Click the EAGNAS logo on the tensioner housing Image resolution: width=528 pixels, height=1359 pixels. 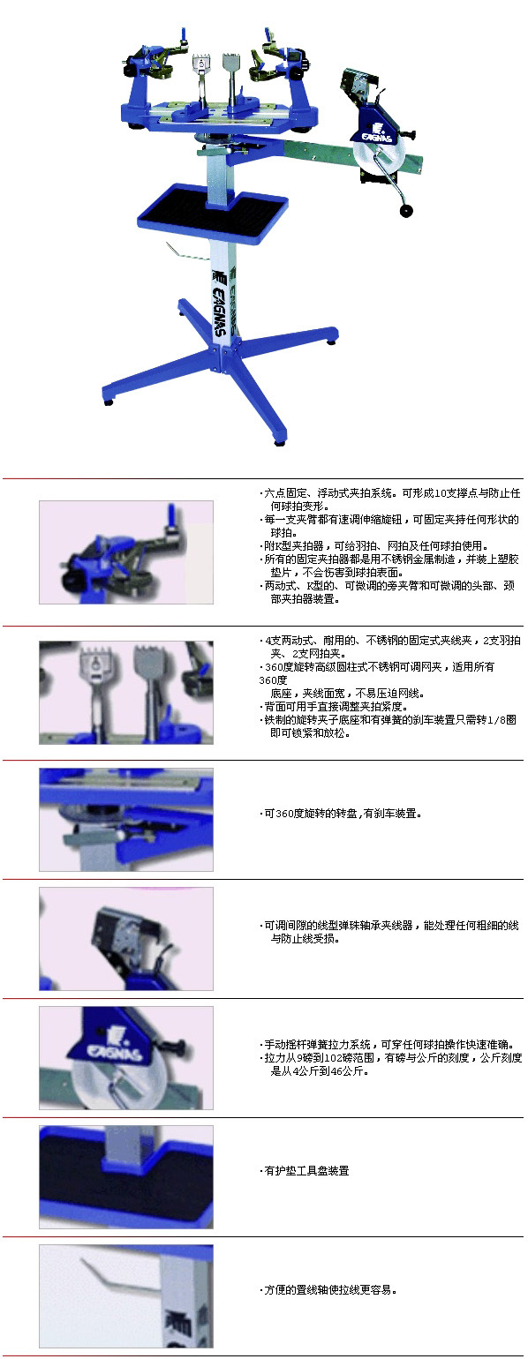pyautogui.click(x=378, y=131)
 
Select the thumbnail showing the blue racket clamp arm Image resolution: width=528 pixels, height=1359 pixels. pyautogui.click(x=126, y=552)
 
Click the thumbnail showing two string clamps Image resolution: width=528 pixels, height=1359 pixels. pyautogui.click(x=126, y=692)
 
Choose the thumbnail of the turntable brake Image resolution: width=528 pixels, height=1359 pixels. pyautogui.click(x=126, y=820)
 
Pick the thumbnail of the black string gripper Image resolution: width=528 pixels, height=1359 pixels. pyautogui.click(x=126, y=939)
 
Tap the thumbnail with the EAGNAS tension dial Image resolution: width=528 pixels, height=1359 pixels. pyautogui.click(x=126, y=1057)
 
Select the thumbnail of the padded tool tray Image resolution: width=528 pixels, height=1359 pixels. pyautogui.click(x=126, y=1177)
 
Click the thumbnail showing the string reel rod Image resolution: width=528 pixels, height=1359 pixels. pyautogui.click(x=126, y=1295)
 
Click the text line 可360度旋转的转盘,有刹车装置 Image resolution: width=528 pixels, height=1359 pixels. pyautogui.click(x=341, y=813)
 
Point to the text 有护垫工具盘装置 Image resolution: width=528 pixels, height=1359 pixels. pyautogui.click(x=304, y=1170)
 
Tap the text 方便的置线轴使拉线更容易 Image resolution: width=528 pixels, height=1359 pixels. pyautogui.click(x=328, y=1289)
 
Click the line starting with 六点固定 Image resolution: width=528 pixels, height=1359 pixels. pyautogui.click(x=389, y=493)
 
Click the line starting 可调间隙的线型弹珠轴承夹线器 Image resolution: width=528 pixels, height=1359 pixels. pyautogui.click(x=389, y=925)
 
